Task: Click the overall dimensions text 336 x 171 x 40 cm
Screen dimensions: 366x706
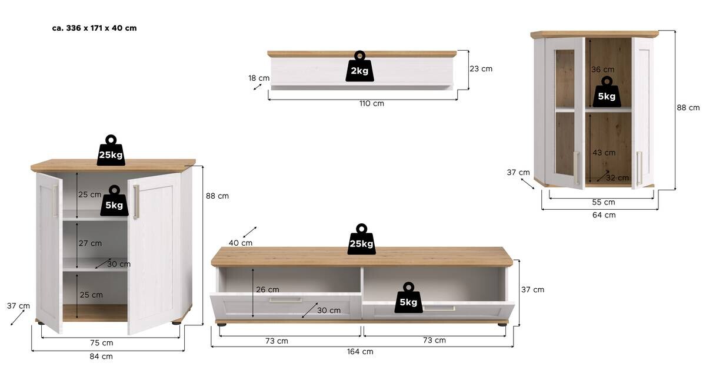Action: pos(94,28)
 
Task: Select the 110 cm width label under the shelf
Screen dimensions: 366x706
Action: pos(371,104)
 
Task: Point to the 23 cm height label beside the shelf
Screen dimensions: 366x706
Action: pos(481,68)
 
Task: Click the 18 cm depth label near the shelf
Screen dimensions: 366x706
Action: pos(259,78)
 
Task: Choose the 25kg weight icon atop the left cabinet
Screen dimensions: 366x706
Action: pos(111,151)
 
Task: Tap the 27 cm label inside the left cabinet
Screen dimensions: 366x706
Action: pos(90,243)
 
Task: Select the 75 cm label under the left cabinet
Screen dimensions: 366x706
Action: pos(101,342)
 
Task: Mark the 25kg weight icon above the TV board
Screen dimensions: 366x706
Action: pos(361,240)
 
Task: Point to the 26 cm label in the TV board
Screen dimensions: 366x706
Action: pos(268,289)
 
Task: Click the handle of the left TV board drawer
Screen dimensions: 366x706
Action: pos(285,300)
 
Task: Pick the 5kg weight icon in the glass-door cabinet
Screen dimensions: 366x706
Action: pos(607,93)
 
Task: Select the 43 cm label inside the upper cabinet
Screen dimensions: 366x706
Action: pos(604,153)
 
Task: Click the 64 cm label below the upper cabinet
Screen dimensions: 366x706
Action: pos(604,215)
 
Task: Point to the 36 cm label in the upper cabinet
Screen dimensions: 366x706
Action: pos(602,70)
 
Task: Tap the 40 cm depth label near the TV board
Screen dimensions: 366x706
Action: pos(241,243)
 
